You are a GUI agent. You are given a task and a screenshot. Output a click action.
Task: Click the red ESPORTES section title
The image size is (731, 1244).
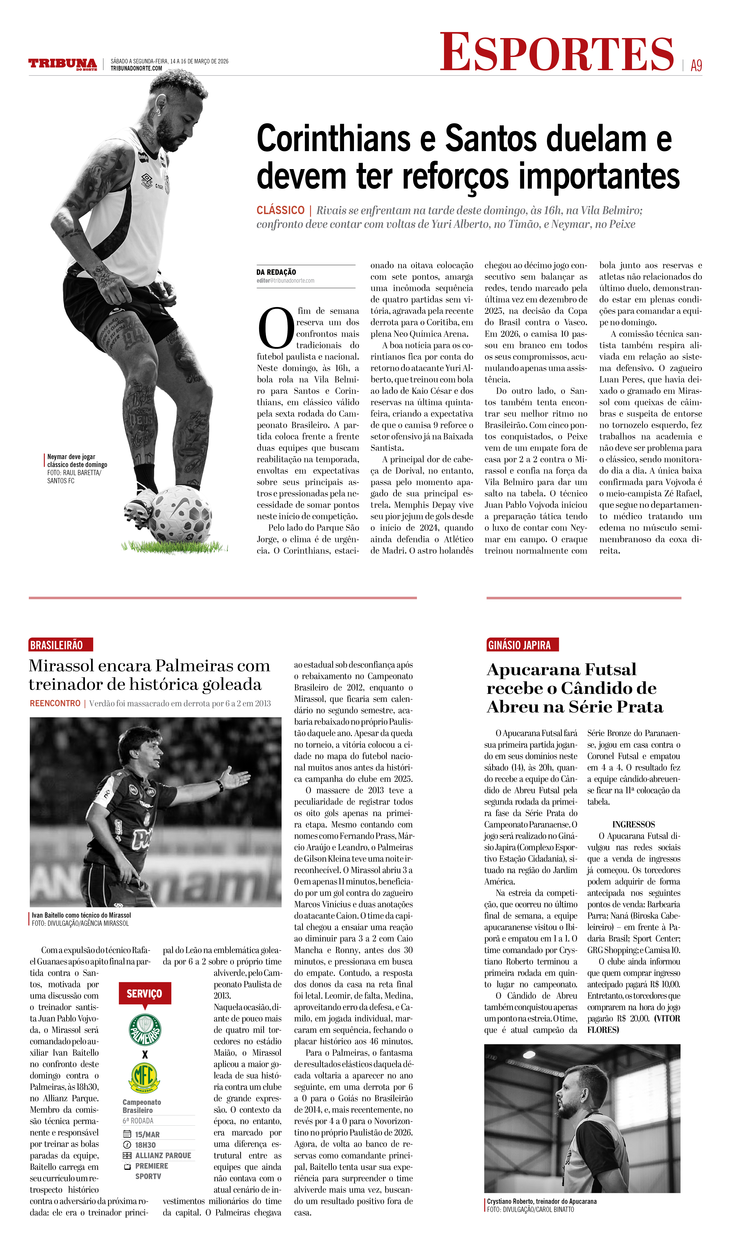(557, 53)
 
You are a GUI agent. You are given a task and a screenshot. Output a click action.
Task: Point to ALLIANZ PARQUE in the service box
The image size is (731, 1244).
(163, 1155)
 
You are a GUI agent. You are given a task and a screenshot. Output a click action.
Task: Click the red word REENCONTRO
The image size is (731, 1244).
(55, 704)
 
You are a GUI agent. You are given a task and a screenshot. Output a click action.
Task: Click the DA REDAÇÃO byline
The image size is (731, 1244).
(276, 272)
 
